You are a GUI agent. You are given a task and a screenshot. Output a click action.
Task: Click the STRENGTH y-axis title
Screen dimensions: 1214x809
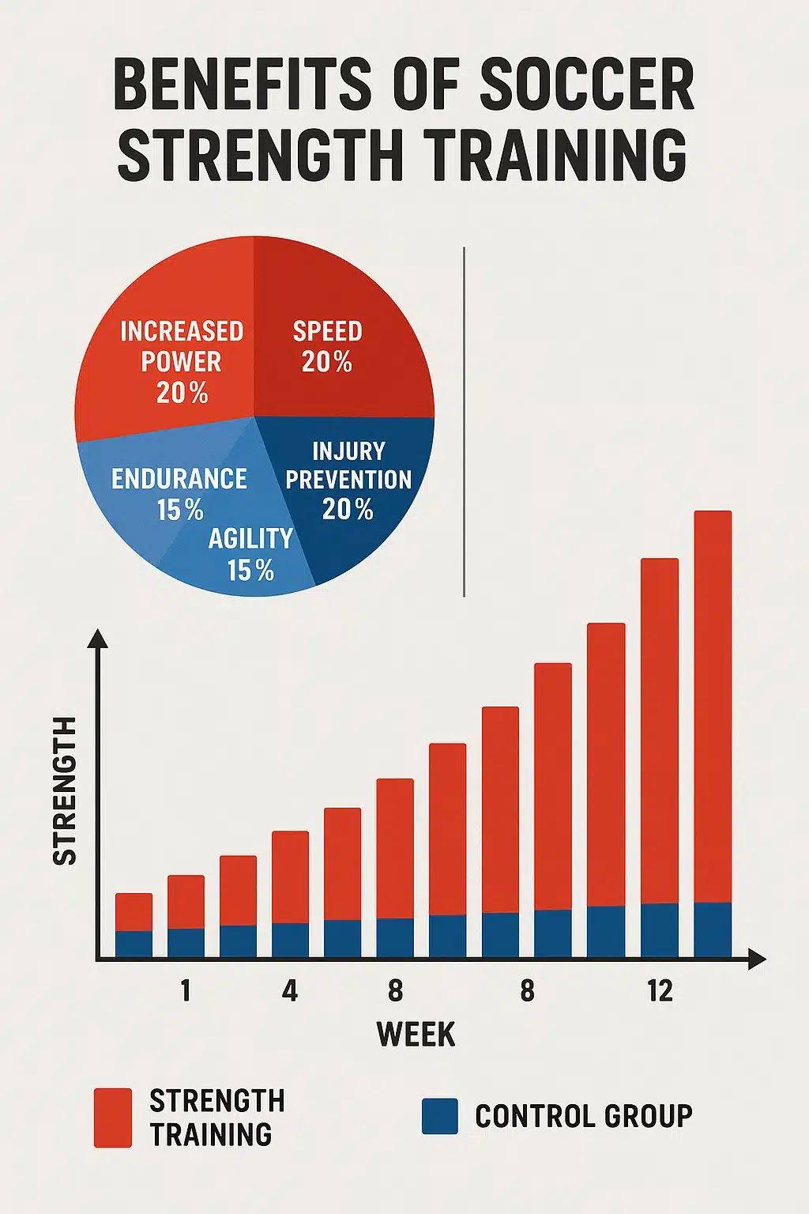point(65,790)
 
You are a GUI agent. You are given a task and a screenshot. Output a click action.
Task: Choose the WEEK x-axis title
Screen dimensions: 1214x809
point(416,1034)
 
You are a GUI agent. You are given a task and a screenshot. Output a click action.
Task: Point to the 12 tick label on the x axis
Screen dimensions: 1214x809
point(659,990)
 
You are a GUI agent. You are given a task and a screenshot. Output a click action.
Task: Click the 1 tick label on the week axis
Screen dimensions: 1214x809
point(186,990)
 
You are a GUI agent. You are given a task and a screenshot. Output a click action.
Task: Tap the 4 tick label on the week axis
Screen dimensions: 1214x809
point(290,990)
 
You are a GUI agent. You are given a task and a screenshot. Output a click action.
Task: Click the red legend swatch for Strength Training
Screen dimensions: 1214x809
point(113,1117)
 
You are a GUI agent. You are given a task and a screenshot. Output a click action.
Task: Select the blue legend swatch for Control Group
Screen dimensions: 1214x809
point(439,1116)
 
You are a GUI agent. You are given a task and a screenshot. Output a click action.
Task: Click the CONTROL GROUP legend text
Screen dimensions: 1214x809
point(583,1116)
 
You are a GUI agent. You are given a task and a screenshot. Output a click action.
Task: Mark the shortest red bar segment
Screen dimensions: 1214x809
point(134,911)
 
